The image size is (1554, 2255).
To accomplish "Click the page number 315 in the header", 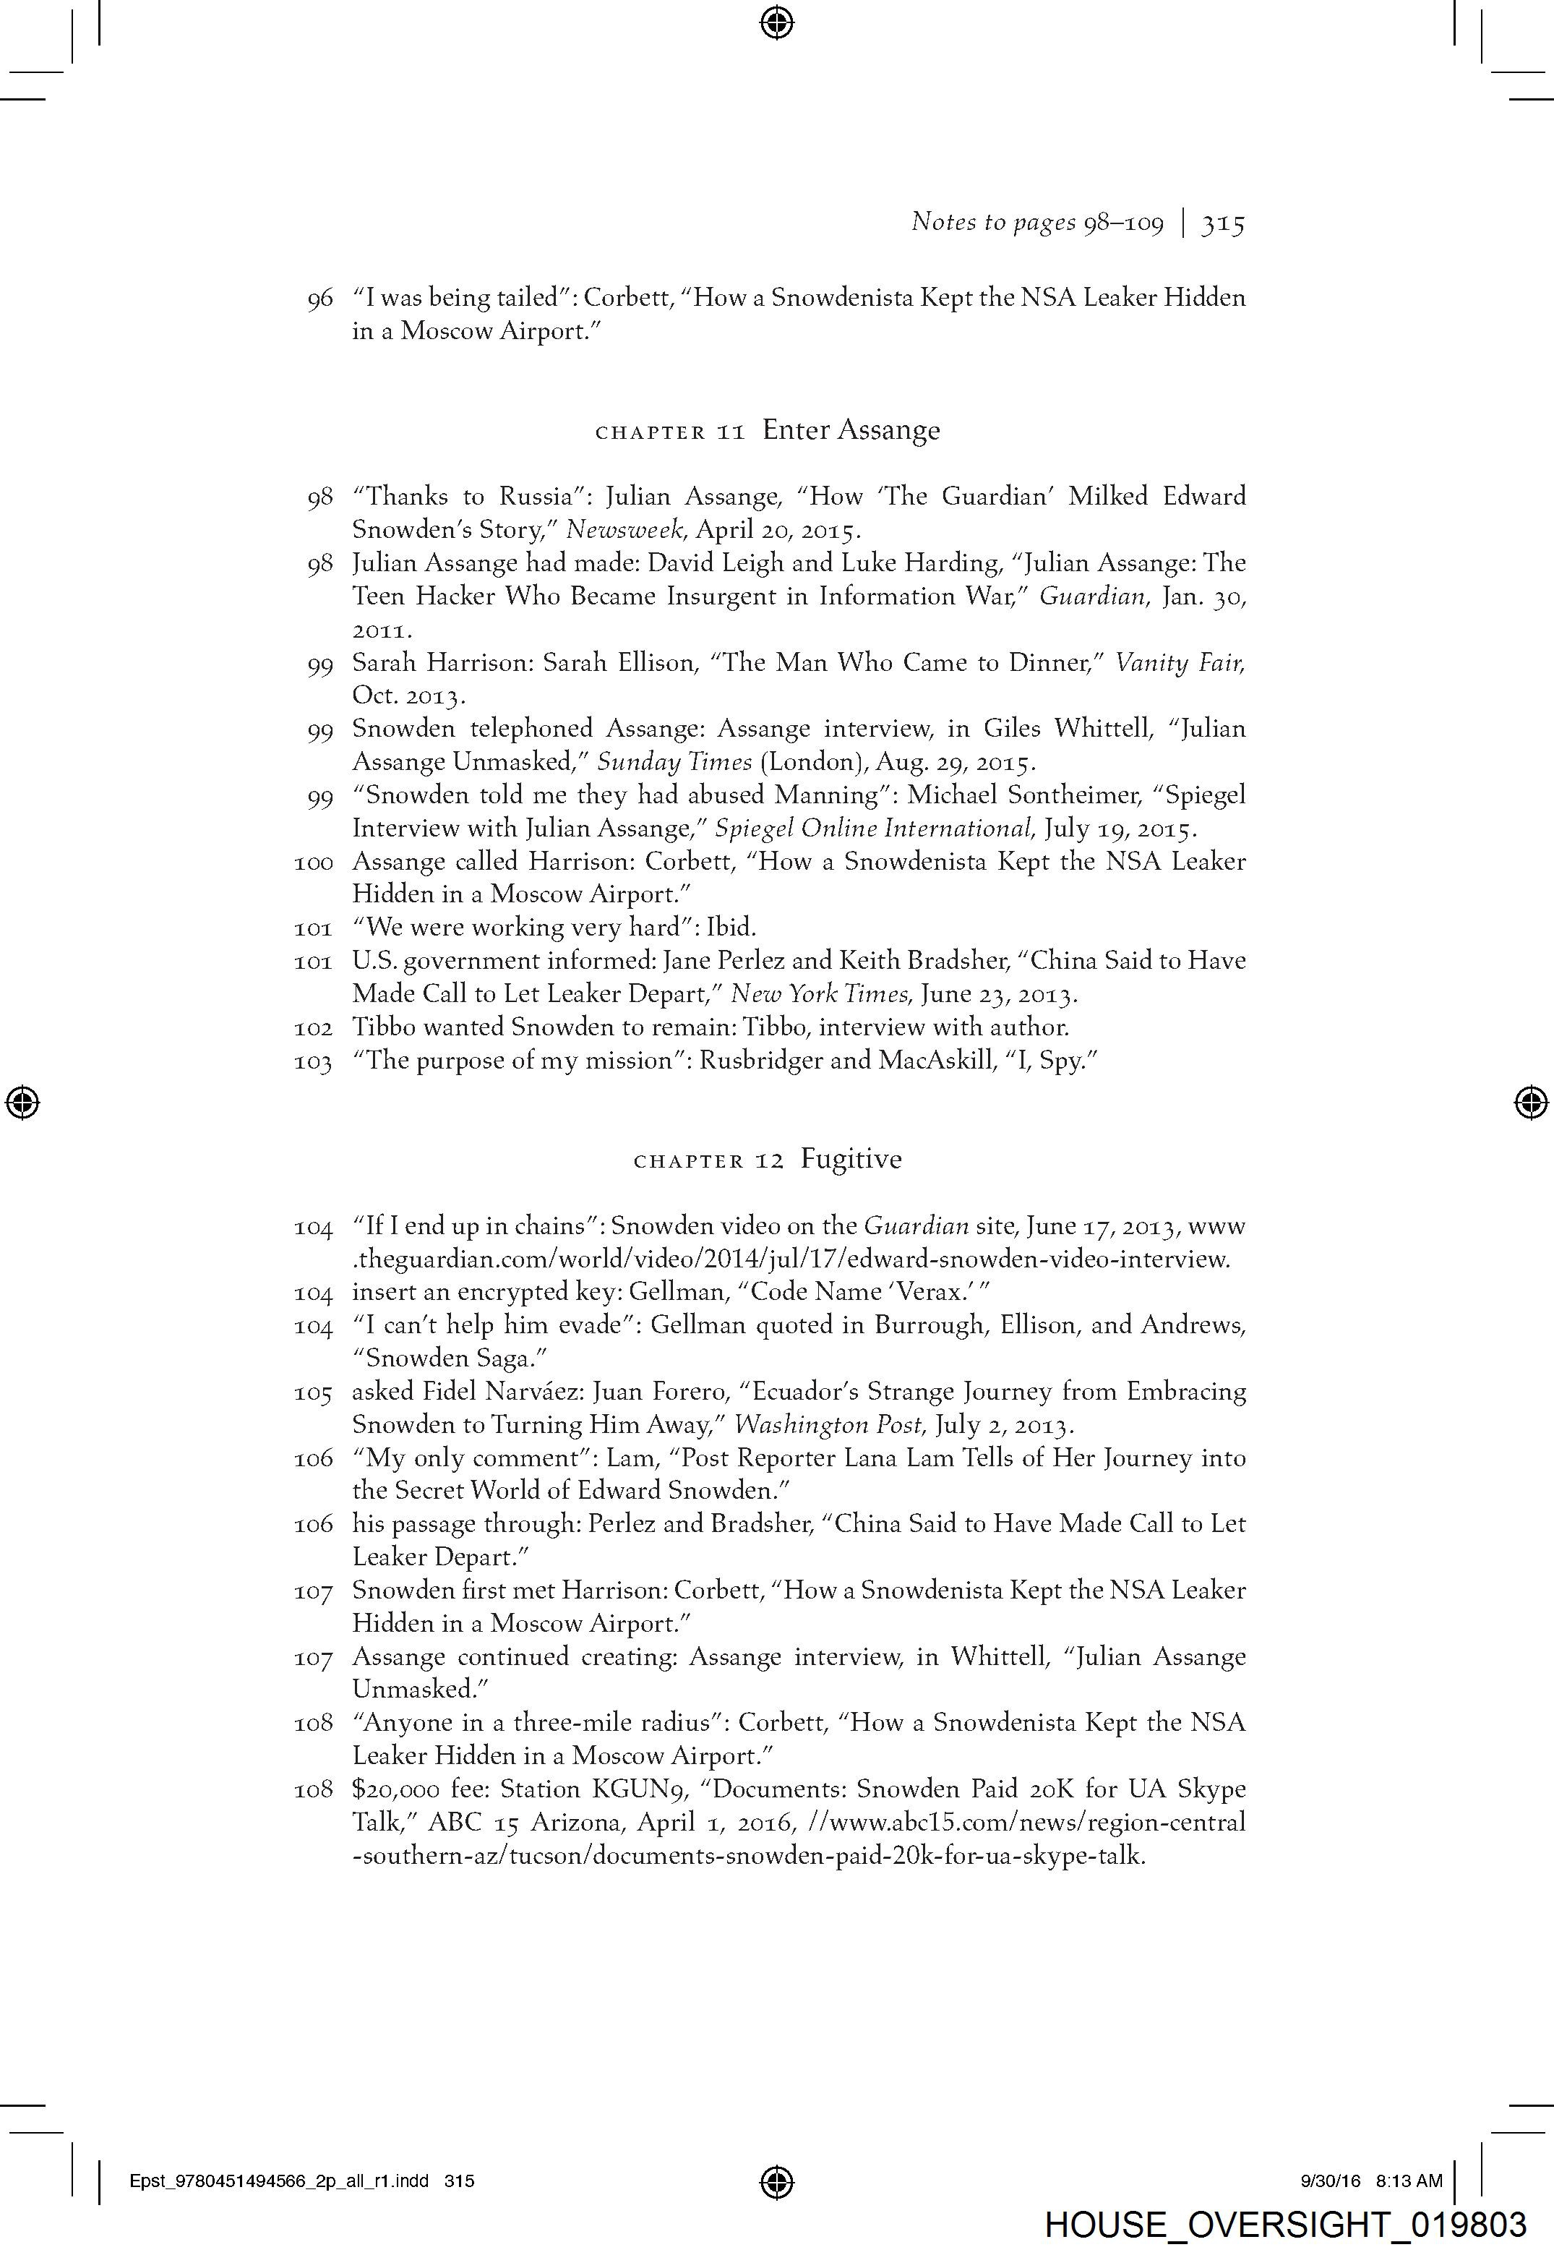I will click(x=1223, y=224).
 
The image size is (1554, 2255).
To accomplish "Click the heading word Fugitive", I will click(x=851, y=1159).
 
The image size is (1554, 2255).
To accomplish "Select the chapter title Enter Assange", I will click(x=851, y=429).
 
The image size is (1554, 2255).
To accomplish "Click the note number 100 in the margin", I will click(x=314, y=863).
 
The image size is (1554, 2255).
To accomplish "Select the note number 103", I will click(x=314, y=1061).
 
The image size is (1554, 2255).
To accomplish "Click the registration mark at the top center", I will click(x=776, y=22).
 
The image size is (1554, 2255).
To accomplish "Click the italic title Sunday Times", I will click(x=674, y=762).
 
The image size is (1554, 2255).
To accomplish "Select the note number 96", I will click(x=320, y=299).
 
